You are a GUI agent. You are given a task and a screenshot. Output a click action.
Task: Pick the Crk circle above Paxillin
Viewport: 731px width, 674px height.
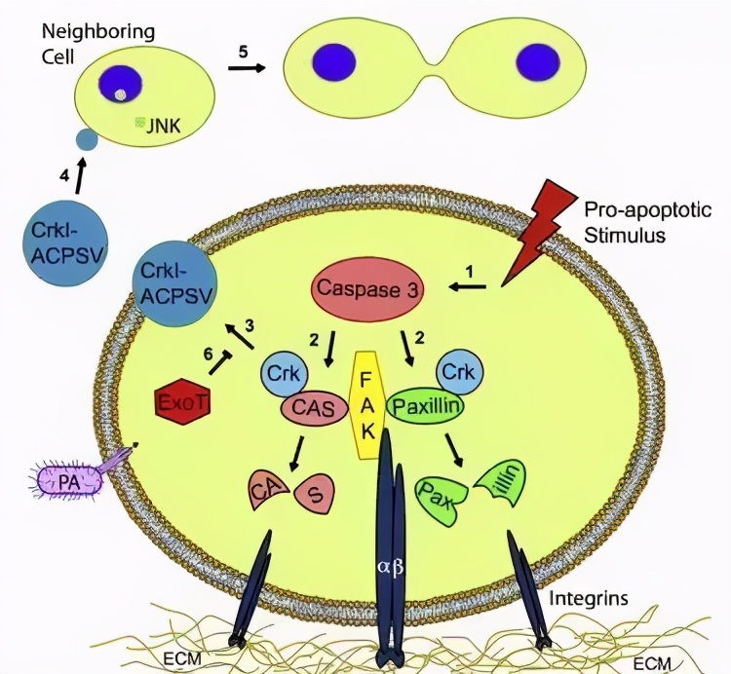click(x=459, y=373)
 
